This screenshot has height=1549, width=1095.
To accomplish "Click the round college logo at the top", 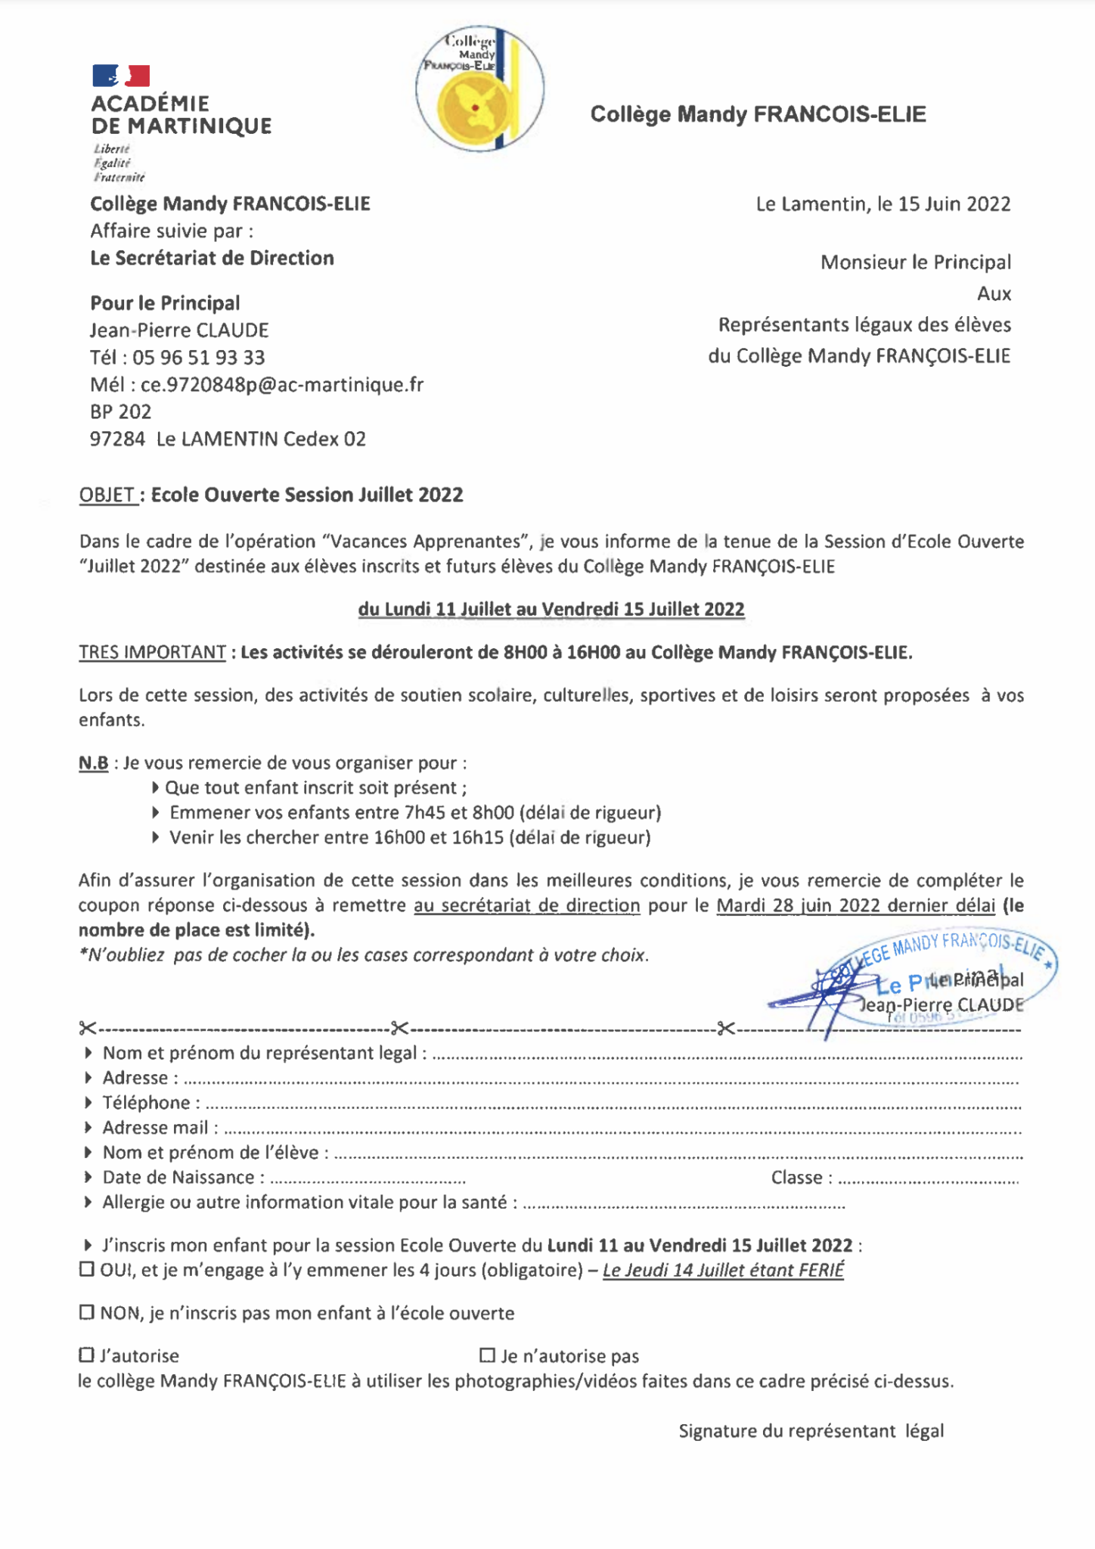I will click(x=479, y=88).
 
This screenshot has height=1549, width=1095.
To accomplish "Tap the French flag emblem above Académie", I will click(x=121, y=76).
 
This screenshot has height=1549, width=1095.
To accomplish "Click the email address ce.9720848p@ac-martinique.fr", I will click(x=282, y=385).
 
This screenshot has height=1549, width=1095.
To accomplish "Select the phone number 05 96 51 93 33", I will click(x=199, y=358).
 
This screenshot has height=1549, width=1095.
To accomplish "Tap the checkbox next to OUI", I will click(x=87, y=1269).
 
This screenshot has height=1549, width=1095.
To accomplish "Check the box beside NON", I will click(x=87, y=1312).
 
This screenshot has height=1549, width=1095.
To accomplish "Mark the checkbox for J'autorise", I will click(x=87, y=1355).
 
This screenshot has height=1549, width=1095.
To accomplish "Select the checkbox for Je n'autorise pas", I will click(x=487, y=1355).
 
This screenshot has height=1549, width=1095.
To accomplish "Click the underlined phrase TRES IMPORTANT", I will click(x=152, y=652).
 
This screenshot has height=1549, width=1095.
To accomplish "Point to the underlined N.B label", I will click(x=93, y=763).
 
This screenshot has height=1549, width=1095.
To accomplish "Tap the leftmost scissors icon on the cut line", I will click(x=88, y=1029).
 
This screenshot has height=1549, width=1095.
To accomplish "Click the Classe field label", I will click(x=801, y=1178).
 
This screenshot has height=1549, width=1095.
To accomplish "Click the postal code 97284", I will click(x=117, y=439).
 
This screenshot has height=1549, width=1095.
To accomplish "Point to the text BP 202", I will click(x=121, y=412).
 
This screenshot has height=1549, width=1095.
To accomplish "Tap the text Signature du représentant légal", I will click(x=811, y=1431).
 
